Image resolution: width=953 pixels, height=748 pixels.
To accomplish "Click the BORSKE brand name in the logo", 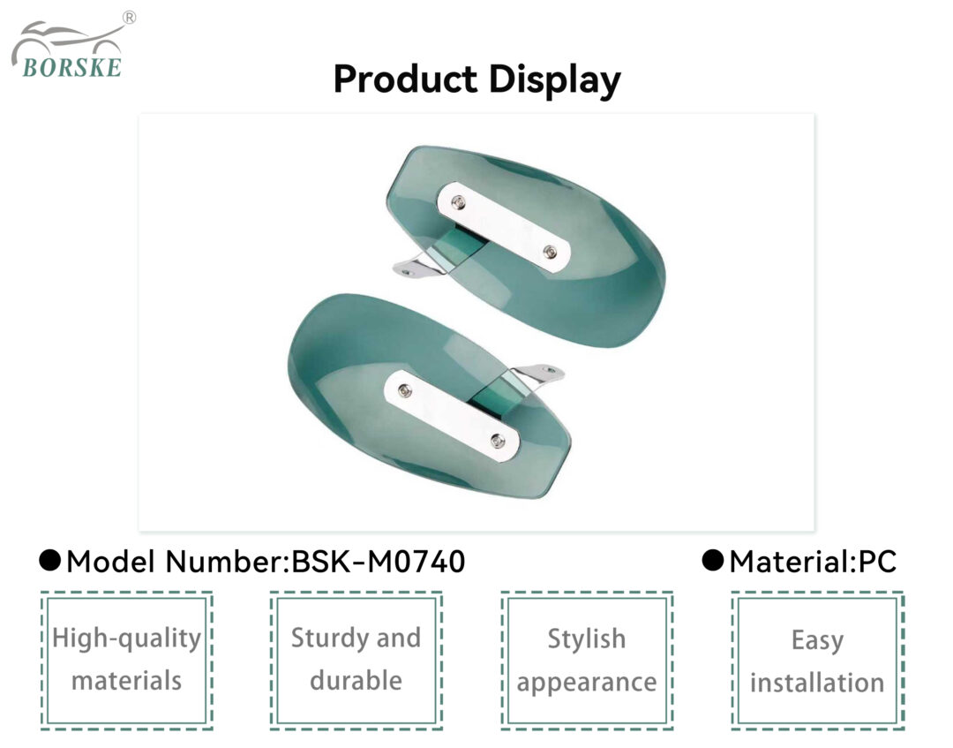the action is tap(71, 67).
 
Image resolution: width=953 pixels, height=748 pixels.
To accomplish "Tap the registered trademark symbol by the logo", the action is tap(129, 18).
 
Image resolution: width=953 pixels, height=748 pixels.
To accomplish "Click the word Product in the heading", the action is tap(405, 79).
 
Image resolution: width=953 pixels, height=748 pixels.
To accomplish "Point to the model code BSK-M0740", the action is tap(379, 562).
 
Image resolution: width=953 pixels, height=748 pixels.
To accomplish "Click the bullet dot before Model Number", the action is tap(49, 561).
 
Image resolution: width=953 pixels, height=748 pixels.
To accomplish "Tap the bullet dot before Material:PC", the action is tap(712, 561).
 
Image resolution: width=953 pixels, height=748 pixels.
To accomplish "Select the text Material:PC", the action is tap(813, 562).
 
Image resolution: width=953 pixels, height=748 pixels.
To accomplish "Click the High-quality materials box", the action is tap(126, 661).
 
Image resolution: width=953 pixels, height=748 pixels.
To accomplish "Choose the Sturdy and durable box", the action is tap(356, 661).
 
